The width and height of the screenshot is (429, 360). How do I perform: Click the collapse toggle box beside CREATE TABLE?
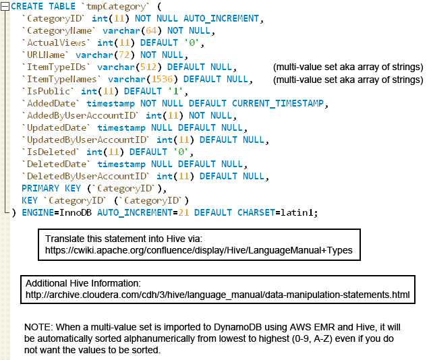[x=5, y=7]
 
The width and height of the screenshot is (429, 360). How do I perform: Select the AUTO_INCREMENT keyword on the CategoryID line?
[x=221, y=19]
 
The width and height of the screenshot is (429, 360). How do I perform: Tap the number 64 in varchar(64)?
[x=151, y=30]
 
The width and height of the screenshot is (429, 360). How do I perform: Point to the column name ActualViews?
[x=56, y=42]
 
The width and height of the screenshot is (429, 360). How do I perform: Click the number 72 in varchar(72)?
[x=124, y=55]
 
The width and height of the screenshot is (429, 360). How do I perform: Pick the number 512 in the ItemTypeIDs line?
[x=148, y=67]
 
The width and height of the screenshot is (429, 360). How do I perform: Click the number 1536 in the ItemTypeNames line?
[x=162, y=79]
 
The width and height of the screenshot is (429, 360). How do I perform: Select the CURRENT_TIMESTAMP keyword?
[x=278, y=103]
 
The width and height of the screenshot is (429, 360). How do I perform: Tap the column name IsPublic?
[x=49, y=91]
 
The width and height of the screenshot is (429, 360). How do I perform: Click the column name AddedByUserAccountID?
[x=81, y=115]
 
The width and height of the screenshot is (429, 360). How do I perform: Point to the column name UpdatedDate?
[x=57, y=127]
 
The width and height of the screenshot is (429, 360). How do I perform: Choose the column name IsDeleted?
[x=51, y=152]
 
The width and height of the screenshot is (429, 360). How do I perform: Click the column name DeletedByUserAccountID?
[x=87, y=176]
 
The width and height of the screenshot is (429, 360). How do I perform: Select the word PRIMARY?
[x=40, y=188]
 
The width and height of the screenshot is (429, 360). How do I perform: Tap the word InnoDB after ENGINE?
[x=76, y=212]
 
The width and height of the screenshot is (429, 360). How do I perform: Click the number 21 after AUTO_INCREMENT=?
[x=183, y=212]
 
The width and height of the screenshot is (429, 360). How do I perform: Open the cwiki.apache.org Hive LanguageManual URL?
[x=198, y=250]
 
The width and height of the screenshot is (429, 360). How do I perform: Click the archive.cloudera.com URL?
[x=217, y=295]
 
